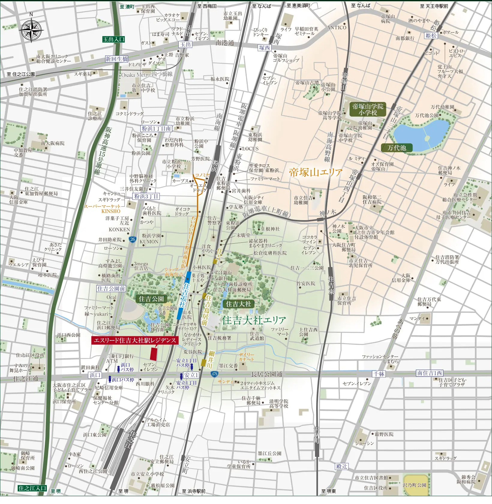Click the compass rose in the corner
pos(31,30)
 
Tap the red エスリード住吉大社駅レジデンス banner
pos(135,340)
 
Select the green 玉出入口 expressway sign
pos(113,39)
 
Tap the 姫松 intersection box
pos(431,35)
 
